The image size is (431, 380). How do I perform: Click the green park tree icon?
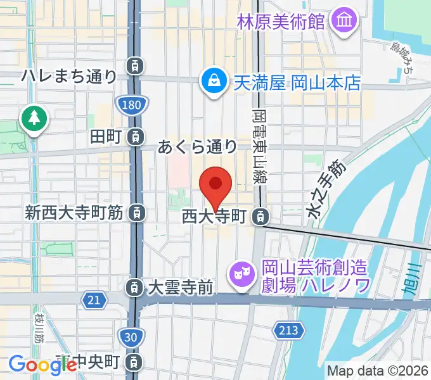point(34,118)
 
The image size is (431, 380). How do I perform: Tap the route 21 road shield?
point(94,299)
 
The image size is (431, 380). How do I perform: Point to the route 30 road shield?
point(130,338)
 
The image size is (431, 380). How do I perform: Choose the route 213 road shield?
point(286,329)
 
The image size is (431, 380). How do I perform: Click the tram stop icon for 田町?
point(134,136)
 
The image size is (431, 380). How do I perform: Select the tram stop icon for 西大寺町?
point(259,217)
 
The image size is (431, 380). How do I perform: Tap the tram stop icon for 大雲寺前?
point(134,288)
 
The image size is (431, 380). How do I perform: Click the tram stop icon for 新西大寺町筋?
point(134,213)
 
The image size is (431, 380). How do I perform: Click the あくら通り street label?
point(197,148)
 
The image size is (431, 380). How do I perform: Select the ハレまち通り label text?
point(68,77)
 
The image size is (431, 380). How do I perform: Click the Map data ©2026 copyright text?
point(377,370)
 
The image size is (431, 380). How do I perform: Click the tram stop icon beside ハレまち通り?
point(134,64)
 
